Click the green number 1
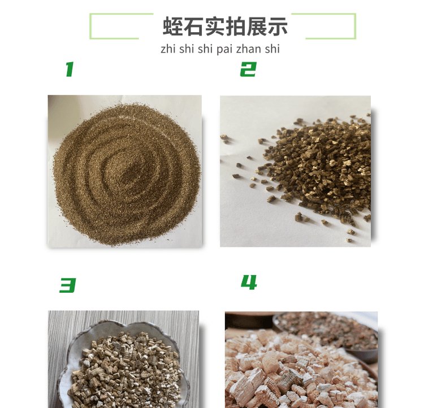70,69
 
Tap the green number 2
248,69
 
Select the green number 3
67,285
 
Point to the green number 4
249,283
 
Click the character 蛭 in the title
173,26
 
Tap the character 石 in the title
193,26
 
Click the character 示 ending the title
277,26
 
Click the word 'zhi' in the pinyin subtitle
168,49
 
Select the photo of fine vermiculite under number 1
125,171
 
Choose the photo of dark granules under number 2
295,171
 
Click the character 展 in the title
256,26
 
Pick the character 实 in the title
214,26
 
